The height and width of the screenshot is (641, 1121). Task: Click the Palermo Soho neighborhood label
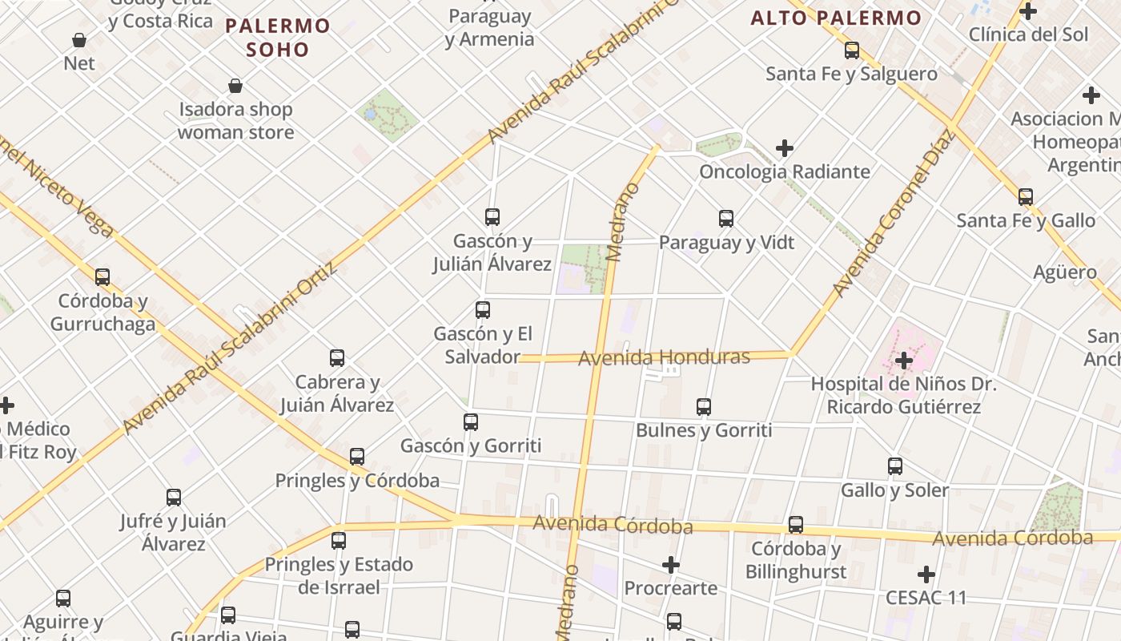coord(277,38)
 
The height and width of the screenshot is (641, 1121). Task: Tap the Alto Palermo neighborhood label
coord(836,18)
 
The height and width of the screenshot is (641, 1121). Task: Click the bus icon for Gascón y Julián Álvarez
coord(492,217)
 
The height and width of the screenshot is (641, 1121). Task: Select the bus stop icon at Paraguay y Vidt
coord(726,219)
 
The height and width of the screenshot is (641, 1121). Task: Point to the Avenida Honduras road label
coord(664,357)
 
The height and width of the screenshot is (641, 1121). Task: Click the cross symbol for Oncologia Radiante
coord(785,148)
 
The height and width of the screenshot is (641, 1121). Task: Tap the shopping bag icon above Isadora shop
coord(235,86)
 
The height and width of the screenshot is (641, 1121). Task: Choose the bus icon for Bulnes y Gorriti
coord(704,407)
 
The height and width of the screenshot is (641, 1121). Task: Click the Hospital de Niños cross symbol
coord(904,361)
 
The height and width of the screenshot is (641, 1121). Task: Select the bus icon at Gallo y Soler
coord(895,466)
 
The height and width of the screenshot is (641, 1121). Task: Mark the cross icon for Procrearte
coord(671,565)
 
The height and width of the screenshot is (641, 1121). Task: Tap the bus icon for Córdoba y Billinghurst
coord(796,525)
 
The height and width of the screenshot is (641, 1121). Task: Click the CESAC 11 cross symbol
coord(926,574)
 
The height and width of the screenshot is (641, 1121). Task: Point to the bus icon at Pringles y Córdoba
coord(357,457)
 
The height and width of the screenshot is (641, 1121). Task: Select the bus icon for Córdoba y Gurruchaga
coord(102,277)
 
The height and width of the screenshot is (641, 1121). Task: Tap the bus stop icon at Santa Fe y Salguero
coord(852,50)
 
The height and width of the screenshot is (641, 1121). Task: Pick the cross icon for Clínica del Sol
coord(1028,11)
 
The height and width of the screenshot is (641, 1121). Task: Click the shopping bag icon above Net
coord(79,40)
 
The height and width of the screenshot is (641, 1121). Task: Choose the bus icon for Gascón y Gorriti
coord(471,422)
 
